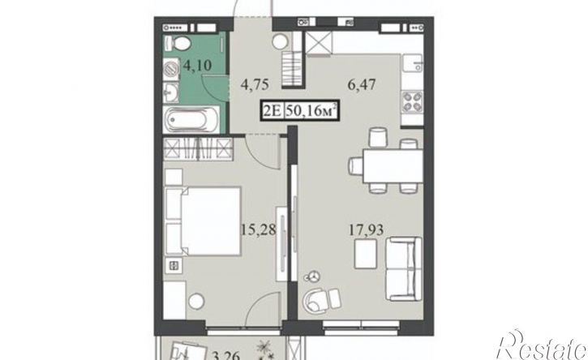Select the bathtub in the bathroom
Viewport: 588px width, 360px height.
pyautogui.click(x=191, y=120)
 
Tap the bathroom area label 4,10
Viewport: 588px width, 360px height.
pyautogui.click(x=197, y=66)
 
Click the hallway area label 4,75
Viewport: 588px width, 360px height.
pyautogui.click(x=255, y=85)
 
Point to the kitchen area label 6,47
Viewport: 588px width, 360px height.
pyautogui.click(x=361, y=85)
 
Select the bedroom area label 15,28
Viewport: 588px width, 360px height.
pyautogui.click(x=259, y=229)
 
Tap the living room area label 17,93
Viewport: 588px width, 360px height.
pyautogui.click(x=366, y=230)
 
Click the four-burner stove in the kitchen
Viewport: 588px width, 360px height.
pyautogui.click(x=412, y=102)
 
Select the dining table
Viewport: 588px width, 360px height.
pyautogui.click(x=393, y=165)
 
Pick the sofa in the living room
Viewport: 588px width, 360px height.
pyautogui.click(x=404, y=268)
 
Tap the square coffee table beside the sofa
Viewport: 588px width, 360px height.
pyautogui.click(x=365, y=255)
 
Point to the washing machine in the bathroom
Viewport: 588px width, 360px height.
pyautogui.click(x=172, y=70)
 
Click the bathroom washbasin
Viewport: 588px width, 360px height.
pyautogui.click(x=172, y=92)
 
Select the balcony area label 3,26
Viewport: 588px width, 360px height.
pyautogui.click(x=226, y=356)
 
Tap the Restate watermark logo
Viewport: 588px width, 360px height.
pyautogui.click(x=542, y=345)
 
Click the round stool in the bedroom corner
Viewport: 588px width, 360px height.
pyautogui.click(x=196, y=301)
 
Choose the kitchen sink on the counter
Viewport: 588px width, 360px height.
pyautogui.click(x=412, y=64)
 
